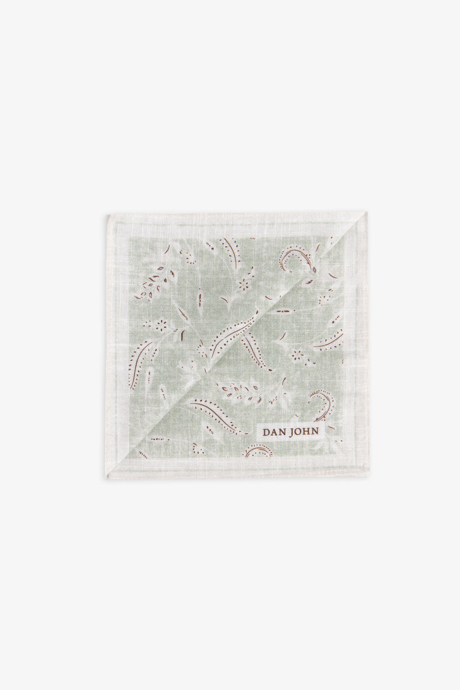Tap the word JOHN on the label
coord(310,432)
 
